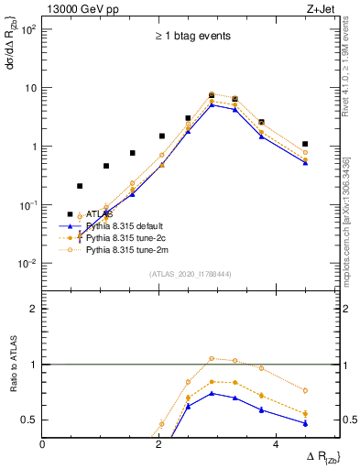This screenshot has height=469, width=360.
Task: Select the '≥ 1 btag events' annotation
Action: click(191, 36)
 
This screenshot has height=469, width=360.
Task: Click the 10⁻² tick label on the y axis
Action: click(28, 264)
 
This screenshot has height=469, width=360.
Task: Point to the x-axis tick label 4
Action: click(277, 445)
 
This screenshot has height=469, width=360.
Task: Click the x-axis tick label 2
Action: click(160, 445)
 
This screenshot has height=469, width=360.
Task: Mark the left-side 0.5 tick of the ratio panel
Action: click(30, 420)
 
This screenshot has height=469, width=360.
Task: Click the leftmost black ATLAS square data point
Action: click(70, 214)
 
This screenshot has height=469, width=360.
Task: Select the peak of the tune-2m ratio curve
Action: click(212, 358)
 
